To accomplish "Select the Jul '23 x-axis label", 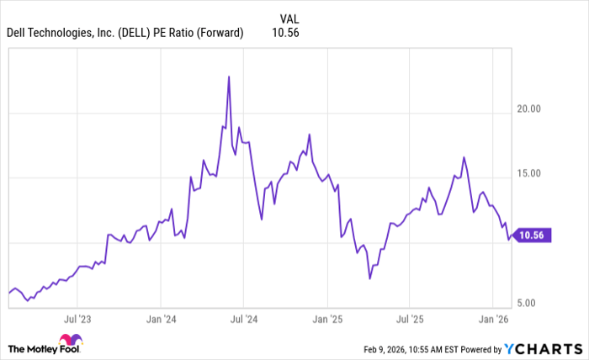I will coord(77,320).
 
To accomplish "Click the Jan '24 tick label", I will coord(160,320).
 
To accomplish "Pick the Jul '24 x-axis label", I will coord(242,320).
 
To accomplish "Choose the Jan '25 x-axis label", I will coord(326,320).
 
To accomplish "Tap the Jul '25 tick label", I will coord(409,320).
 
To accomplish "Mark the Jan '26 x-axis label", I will coord(492,320).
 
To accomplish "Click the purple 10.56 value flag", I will coord(533,236).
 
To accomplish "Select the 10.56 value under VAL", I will coord(286,33).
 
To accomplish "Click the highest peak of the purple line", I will coord(229,77).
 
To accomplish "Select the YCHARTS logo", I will coord(545,348).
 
